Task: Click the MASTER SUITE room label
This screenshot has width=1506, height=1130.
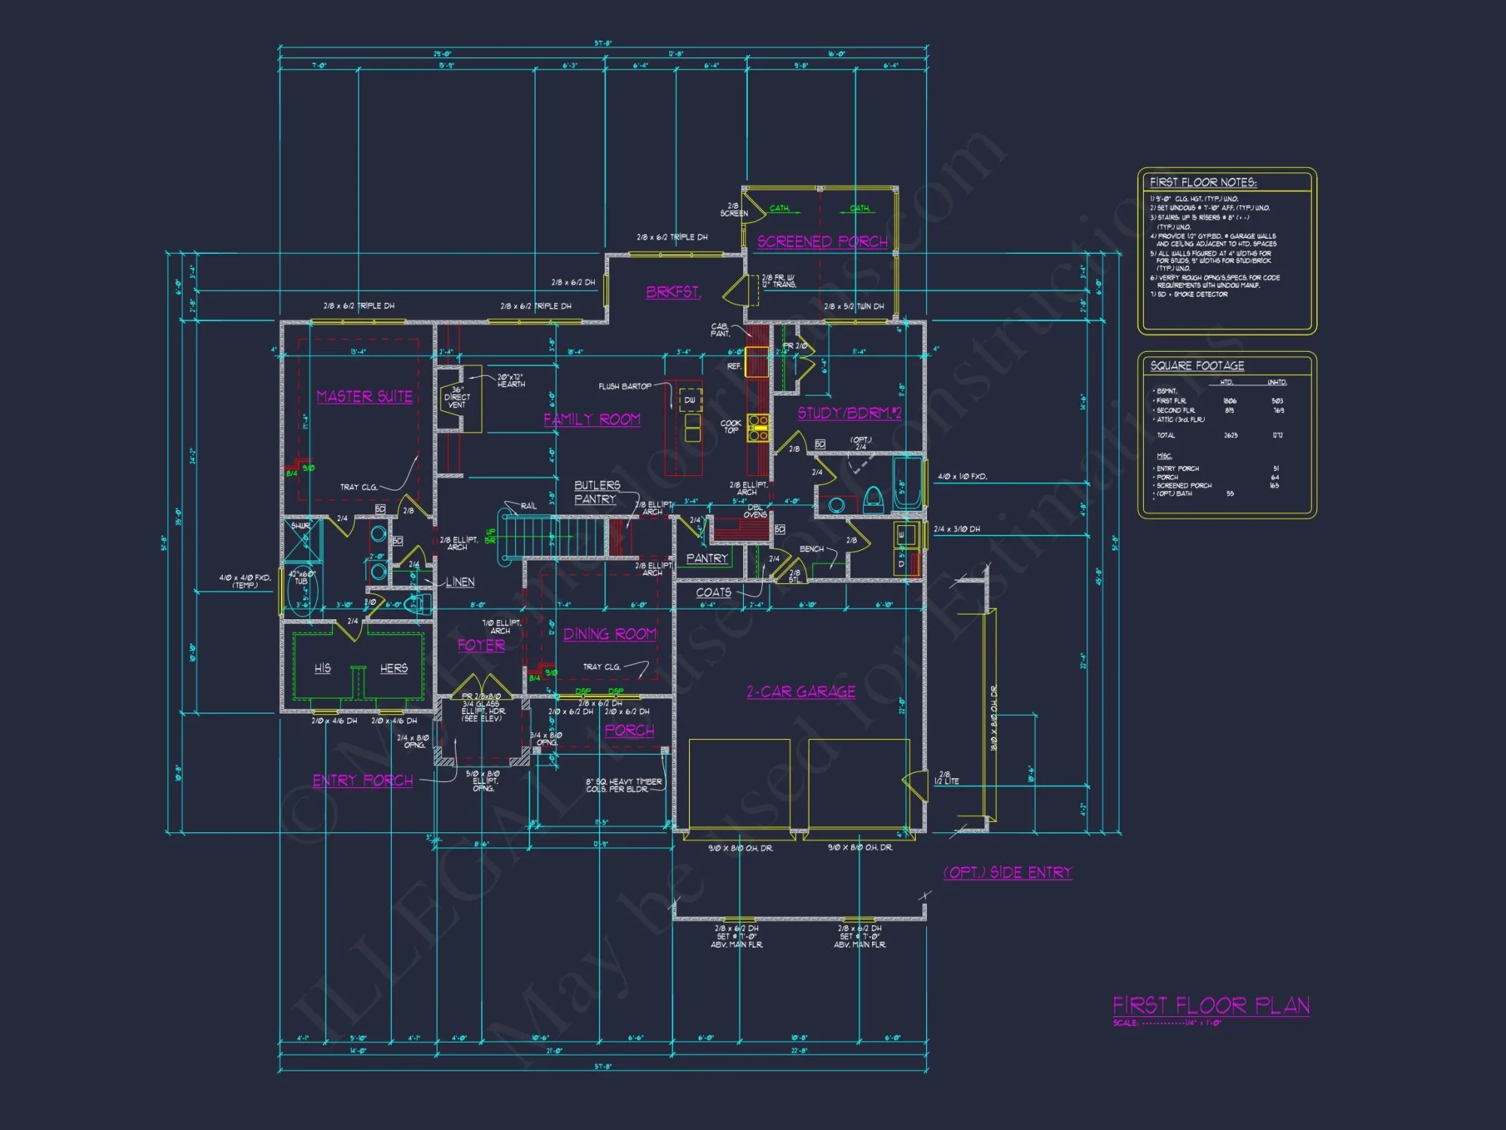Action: pos(364,396)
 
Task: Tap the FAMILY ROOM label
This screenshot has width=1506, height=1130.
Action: pos(592,419)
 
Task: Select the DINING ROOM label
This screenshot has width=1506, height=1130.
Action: pos(610,634)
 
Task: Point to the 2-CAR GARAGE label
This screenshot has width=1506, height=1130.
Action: pos(800,692)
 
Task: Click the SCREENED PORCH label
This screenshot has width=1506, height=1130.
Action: pos(822,241)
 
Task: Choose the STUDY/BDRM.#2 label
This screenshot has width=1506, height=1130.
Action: pos(849,413)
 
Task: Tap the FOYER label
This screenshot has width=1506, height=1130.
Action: pos(481,646)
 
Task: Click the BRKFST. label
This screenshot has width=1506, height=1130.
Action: pos(673,292)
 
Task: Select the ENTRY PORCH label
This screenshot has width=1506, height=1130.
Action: pos(363,780)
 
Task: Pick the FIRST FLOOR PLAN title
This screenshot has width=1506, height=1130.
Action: pos(1211,1006)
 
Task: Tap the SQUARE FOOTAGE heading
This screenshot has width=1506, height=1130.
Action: pos(1197,366)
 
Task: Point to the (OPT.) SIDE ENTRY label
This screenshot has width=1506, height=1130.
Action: pos(1008,872)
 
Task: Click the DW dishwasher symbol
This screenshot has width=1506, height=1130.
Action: pos(690,400)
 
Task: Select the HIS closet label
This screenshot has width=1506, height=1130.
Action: pos(323,668)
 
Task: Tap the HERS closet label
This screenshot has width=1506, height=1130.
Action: pos(394,668)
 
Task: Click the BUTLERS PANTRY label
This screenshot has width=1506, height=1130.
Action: pos(596,492)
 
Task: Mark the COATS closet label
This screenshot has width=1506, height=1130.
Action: pos(713,593)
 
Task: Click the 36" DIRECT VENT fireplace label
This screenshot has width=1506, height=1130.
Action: pos(457,397)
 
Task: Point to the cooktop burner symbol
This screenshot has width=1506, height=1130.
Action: pos(758,427)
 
